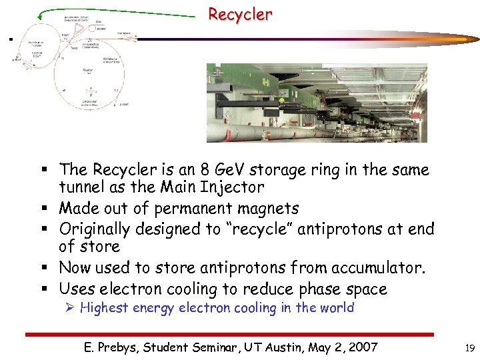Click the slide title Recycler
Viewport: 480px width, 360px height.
pyautogui.click(x=240, y=14)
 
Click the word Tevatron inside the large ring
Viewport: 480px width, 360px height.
pyautogui.click(x=87, y=69)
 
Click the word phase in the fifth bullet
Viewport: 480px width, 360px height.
pyautogui.click(x=315, y=289)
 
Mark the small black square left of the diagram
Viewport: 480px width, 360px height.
pyautogui.click(x=11, y=39)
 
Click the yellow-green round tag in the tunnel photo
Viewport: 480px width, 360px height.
pyautogui.click(x=281, y=101)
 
